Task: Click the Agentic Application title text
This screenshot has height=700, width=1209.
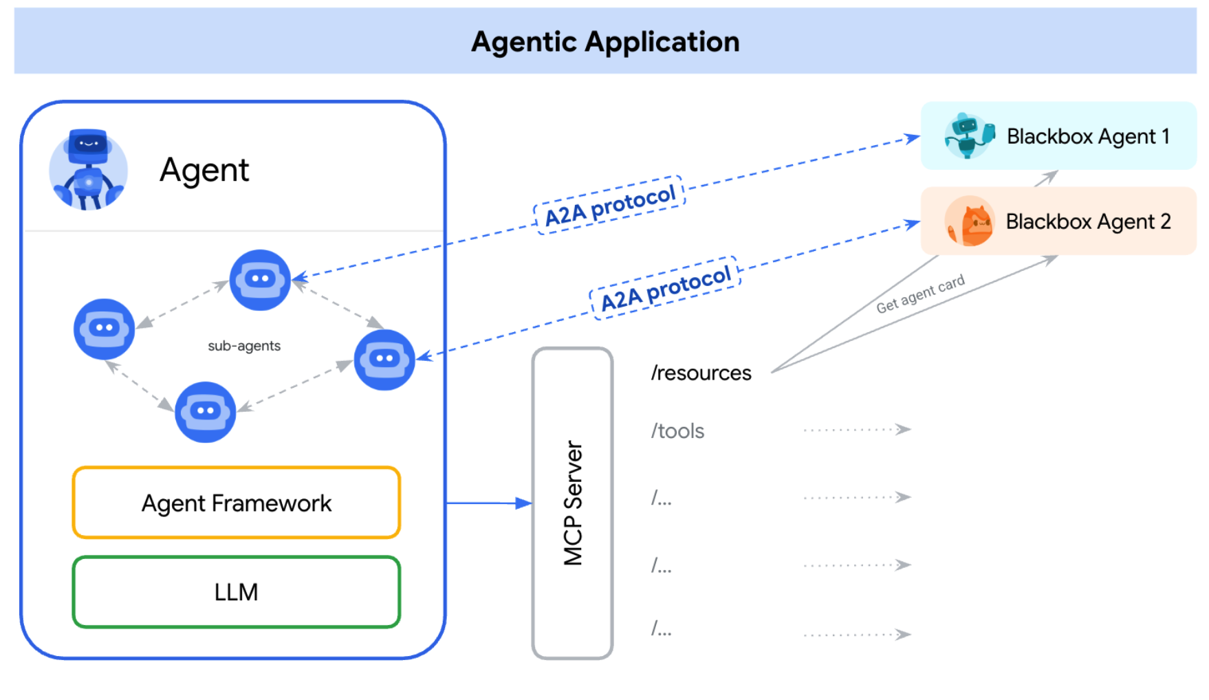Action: [605, 42]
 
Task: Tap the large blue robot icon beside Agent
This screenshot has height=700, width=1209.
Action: [89, 169]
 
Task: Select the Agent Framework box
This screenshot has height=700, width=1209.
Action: [236, 503]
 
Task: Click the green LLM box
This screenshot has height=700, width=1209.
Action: [236, 591]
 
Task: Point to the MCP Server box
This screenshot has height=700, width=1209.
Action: [572, 503]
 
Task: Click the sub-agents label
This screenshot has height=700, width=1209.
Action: [244, 345]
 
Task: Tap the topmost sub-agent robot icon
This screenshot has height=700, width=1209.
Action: [260, 280]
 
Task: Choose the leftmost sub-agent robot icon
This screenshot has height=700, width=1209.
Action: [104, 329]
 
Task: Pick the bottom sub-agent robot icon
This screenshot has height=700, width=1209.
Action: [205, 412]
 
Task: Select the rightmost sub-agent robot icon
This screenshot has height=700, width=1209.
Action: [384, 360]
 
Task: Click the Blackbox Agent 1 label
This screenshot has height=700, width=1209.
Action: [1088, 136]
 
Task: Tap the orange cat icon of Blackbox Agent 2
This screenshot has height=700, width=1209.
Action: [970, 221]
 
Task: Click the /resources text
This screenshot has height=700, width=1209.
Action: [701, 373]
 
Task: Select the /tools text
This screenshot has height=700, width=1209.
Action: [677, 431]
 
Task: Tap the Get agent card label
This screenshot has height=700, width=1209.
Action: [920, 294]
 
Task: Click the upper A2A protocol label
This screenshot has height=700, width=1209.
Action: [610, 205]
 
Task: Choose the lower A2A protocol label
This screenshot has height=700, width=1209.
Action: [665, 287]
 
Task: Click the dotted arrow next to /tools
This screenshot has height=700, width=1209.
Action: [857, 430]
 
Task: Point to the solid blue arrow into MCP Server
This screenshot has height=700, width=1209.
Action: [488, 503]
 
